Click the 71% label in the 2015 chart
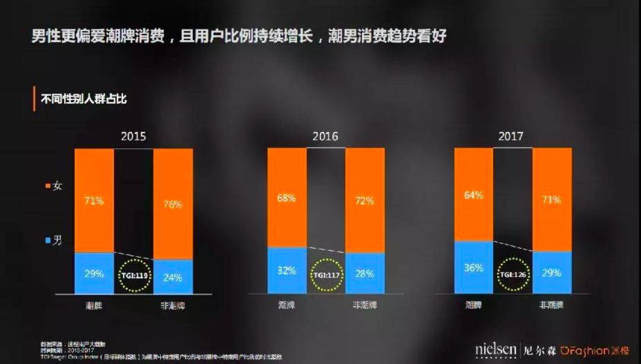[94, 201]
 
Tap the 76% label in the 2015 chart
[173, 204]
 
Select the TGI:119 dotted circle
[134, 276]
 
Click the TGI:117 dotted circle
[326, 276]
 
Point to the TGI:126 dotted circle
[513, 275]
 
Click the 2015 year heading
[133, 136]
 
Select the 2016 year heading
[325, 136]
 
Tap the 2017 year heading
[511, 136]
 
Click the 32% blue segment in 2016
[287, 270]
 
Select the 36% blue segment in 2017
[473, 267]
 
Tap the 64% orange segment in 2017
[473, 195]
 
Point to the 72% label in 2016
[365, 201]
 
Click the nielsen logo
[496, 350]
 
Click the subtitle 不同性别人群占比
[83, 99]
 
